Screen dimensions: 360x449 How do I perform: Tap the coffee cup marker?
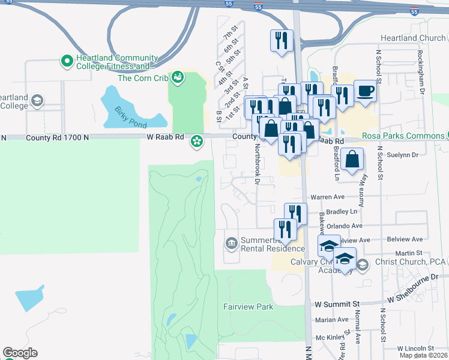point(365,92)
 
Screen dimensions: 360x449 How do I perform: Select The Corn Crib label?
point(142,78)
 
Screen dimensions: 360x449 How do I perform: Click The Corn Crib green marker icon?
point(177,77)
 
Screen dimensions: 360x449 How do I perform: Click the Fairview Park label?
point(249,307)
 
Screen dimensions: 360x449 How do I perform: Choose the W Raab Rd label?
point(165,138)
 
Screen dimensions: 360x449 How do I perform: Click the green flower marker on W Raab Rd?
point(196,142)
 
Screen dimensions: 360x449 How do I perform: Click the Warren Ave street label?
point(327,197)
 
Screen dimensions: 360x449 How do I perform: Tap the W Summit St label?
point(338,304)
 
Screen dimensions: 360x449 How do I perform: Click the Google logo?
point(20,353)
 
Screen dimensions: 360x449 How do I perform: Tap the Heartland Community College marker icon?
point(67,61)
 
